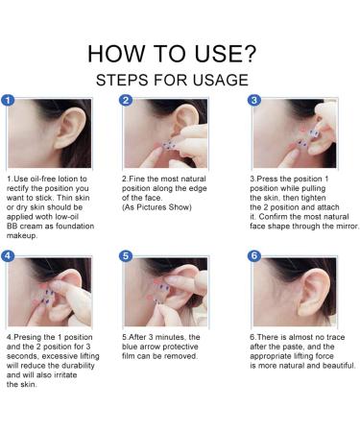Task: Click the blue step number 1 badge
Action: [x=8, y=101]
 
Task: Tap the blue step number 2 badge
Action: [x=126, y=101]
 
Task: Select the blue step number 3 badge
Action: [x=254, y=101]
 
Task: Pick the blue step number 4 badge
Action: [x=8, y=256]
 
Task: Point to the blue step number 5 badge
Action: [x=126, y=256]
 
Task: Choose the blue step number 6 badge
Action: [x=254, y=256]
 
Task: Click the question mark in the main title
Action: [x=250, y=53]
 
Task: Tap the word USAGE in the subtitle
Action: [x=221, y=80]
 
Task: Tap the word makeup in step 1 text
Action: [x=22, y=236]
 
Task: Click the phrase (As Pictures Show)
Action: [x=156, y=207]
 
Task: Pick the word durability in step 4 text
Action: [x=78, y=366]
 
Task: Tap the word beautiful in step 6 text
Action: [x=339, y=366]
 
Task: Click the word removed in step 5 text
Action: [x=183, y=356]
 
